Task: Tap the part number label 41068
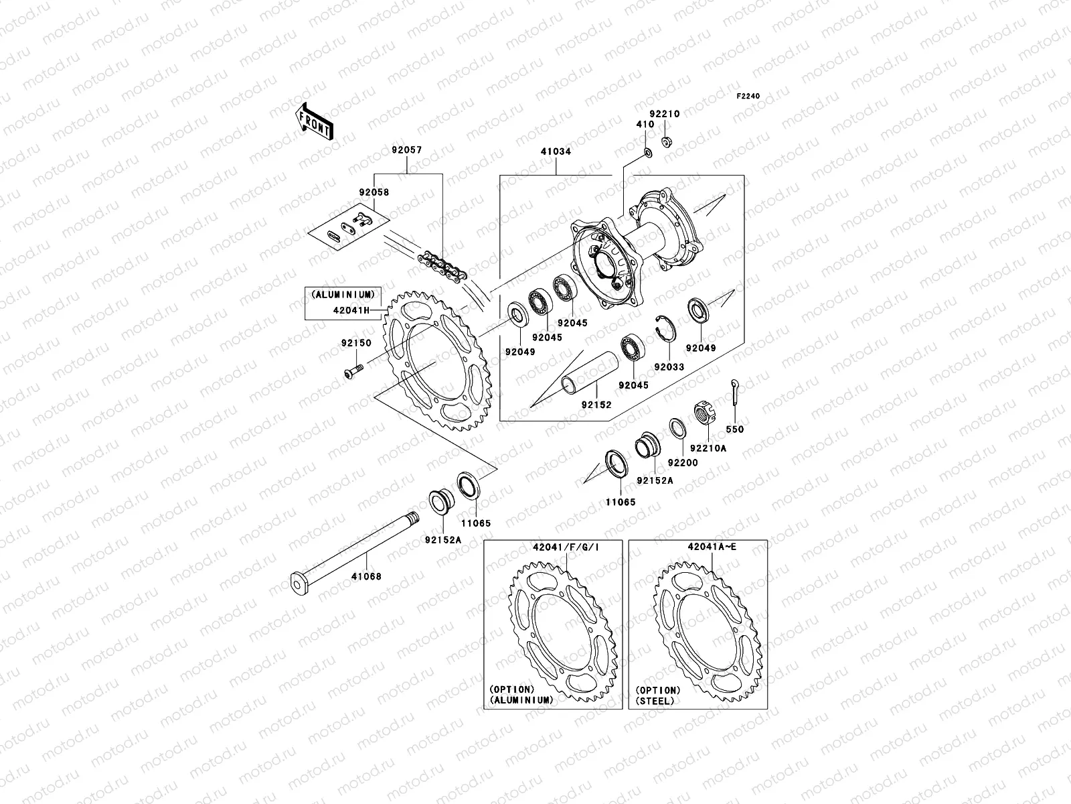tap(367, 576)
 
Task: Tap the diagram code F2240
tap(748, 96)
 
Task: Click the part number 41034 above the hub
tap(556, 151)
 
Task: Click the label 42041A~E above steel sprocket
tap(712, 547)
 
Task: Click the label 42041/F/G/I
tap(566, 547)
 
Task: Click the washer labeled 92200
tap(677, 427)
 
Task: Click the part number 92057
tap(407, 151)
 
